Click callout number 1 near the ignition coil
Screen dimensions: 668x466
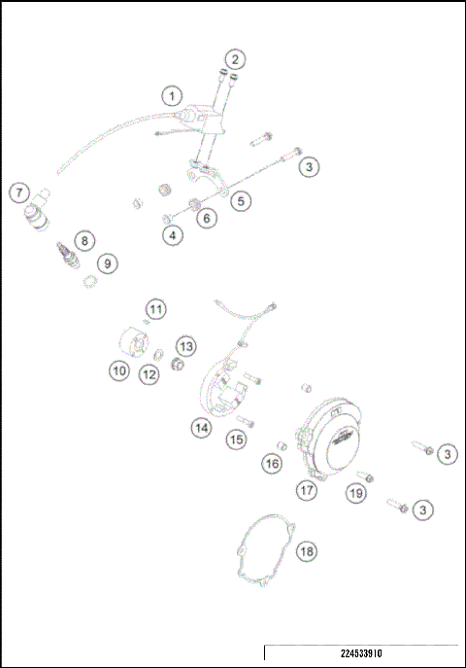(172, 96)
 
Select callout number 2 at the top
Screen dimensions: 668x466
(236, 59)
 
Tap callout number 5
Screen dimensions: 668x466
(242, 201)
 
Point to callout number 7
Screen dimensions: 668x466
(18, 193)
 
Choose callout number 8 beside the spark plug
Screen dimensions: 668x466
(86, 240)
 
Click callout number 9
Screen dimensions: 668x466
(106, 263)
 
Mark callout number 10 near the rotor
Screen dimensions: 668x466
(119, 370)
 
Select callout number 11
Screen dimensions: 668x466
(156, 309)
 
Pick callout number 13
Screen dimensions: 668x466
(185, 345)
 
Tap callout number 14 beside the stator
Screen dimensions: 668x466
(201, 426)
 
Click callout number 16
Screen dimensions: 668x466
(273, 465)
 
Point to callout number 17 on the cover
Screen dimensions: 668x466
(308, 490)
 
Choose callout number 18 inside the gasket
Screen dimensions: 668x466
(307, 551)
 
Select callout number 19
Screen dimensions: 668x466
(356, 493)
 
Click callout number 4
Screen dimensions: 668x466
(172, 234)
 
